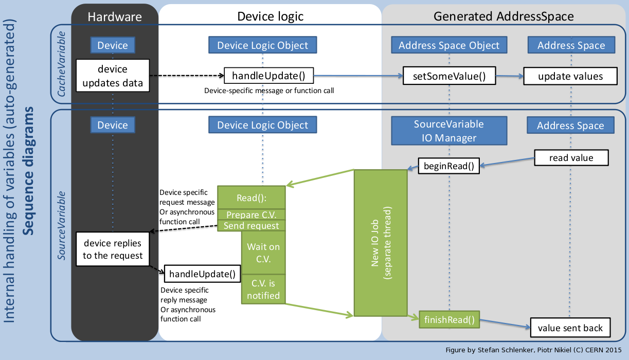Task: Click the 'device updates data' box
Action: click(113, 76)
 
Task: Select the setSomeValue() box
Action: click(449, 76)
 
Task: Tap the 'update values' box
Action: click(570, 76)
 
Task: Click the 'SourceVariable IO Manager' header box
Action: click(449, 131)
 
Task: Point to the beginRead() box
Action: click(448, 166)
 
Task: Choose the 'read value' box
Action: click(571, 157)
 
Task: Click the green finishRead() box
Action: click(449, 319)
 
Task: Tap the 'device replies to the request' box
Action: click(113, 249)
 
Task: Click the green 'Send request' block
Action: click(251, 226)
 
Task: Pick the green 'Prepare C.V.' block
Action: click(251, 214)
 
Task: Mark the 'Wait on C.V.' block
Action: click(263, 253)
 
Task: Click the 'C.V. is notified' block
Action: click(263, 289)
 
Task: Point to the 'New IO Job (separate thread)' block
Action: click(380, 243)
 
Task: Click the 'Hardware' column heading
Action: click(114, 16)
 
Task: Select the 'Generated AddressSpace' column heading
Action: click(504, 16)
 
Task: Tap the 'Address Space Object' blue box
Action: click(449, 45)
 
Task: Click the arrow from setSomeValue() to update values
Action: click(509, 76)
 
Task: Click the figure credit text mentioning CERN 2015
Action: click(535, 350)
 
